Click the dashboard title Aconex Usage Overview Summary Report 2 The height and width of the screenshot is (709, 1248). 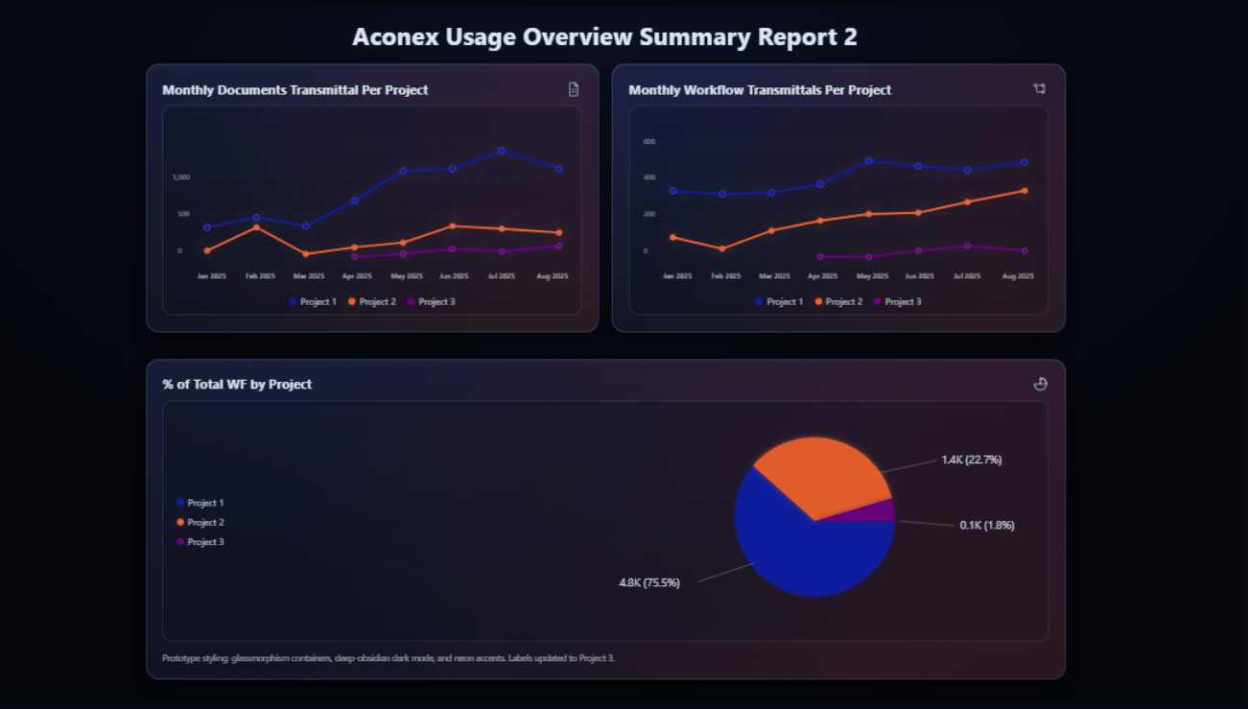click(604, 36)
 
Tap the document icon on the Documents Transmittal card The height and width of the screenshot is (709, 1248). click(574, 89)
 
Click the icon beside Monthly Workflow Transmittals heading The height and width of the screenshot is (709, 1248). click(1040, 89)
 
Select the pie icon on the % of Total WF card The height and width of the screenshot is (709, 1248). click(1040, 384)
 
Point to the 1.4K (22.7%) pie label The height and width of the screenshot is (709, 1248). click(971, 460)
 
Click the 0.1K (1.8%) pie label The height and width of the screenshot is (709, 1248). click(986, 525)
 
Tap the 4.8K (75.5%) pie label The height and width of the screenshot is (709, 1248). click(649, 582)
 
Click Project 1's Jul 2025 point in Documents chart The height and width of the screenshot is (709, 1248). click(502, 151)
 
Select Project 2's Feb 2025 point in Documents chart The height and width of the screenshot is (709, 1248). click(256, 227)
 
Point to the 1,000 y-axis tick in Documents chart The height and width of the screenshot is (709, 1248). click(181, 177)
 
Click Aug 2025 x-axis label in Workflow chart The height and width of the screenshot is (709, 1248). click(1018, 276)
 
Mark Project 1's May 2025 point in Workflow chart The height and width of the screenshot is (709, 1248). click(868, 161)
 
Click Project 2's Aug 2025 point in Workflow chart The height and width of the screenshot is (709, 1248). click(1024, 191)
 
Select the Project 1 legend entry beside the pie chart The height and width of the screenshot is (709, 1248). click(200, 503)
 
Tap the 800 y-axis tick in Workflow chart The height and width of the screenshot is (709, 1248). click(648, 142)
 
